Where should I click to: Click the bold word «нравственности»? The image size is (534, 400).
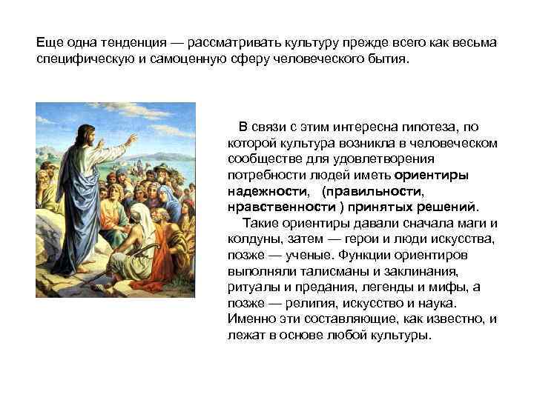click(x=278, y=206)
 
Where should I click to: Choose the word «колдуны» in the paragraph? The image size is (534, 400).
click(x=254, y=239)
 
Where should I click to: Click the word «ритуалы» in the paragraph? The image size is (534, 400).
click(x=252, y=287)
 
